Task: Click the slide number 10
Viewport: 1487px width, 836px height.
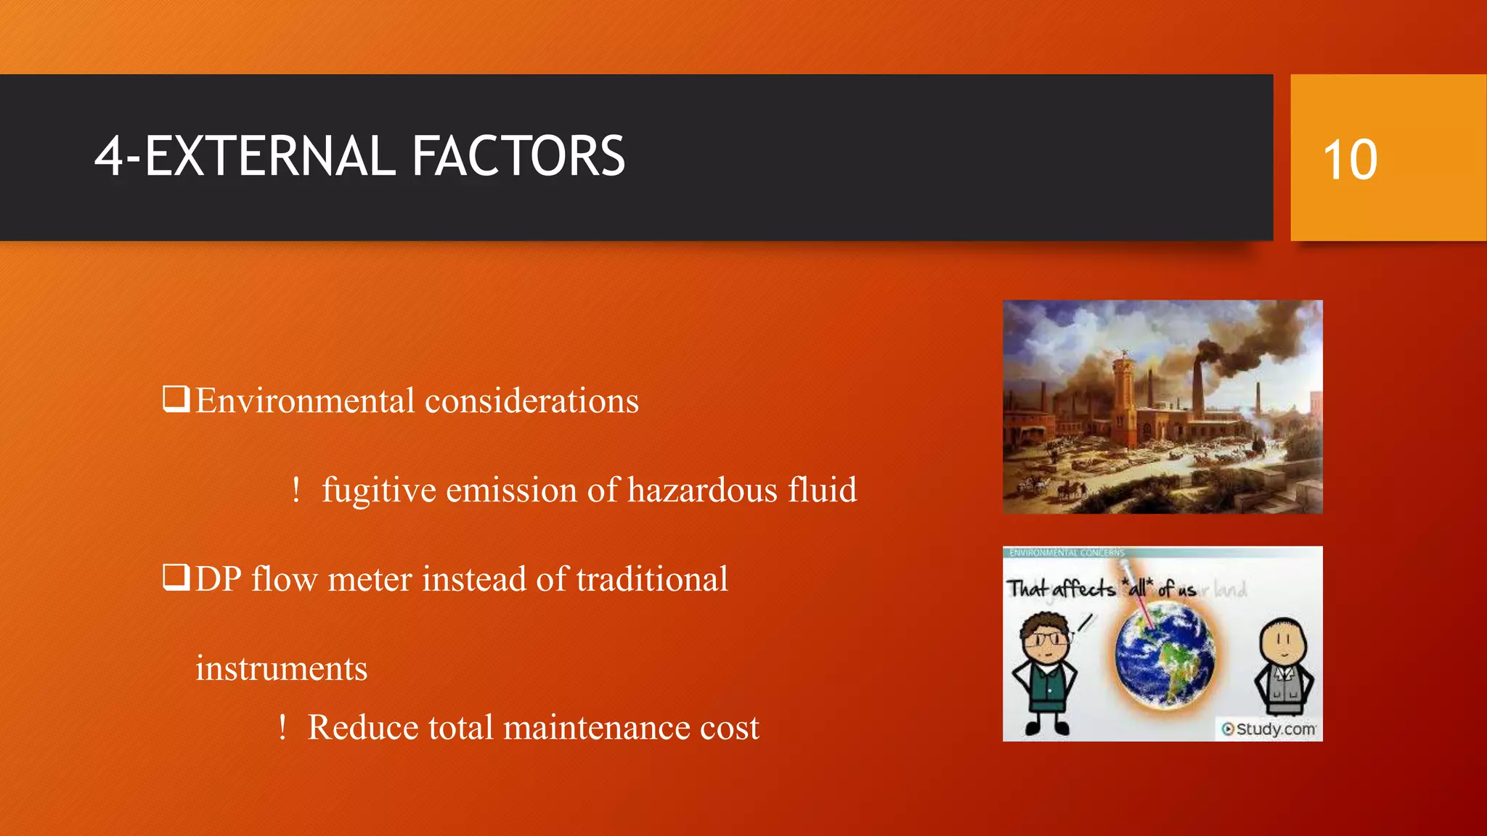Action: pos(1350,160)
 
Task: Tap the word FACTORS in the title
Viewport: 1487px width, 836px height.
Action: pos(518,156)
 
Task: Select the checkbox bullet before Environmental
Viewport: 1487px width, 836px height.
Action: pos(176,399)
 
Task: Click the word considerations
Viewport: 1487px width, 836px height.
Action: pos(531,401)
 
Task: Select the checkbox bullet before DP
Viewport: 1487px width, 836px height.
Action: pos(176,578)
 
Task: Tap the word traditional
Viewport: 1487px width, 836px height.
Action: pos(652,579)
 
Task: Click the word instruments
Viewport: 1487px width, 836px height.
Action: pos(281,668)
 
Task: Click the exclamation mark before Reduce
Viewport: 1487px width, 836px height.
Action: pos(282,727)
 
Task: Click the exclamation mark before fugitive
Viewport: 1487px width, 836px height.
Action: pos(296,490)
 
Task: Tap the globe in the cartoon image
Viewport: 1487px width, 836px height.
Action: pos(1165,657)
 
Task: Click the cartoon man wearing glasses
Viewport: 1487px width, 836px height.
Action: pos(1045,671)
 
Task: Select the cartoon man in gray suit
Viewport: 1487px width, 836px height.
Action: pos(1283,668)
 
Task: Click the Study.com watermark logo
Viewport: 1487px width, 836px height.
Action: pos(1268,729)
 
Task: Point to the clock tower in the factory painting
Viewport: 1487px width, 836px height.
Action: pos(1125,392)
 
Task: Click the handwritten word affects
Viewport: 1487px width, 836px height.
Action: pos(1083,588)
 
